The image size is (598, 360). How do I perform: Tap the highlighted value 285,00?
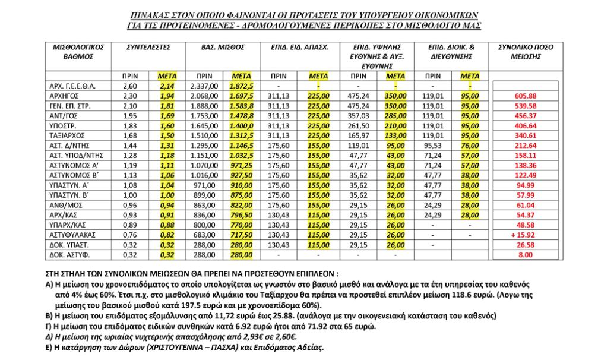point(395,116)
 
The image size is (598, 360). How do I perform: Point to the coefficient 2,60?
point(130,86)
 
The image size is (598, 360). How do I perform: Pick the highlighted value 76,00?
point(469,146)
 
